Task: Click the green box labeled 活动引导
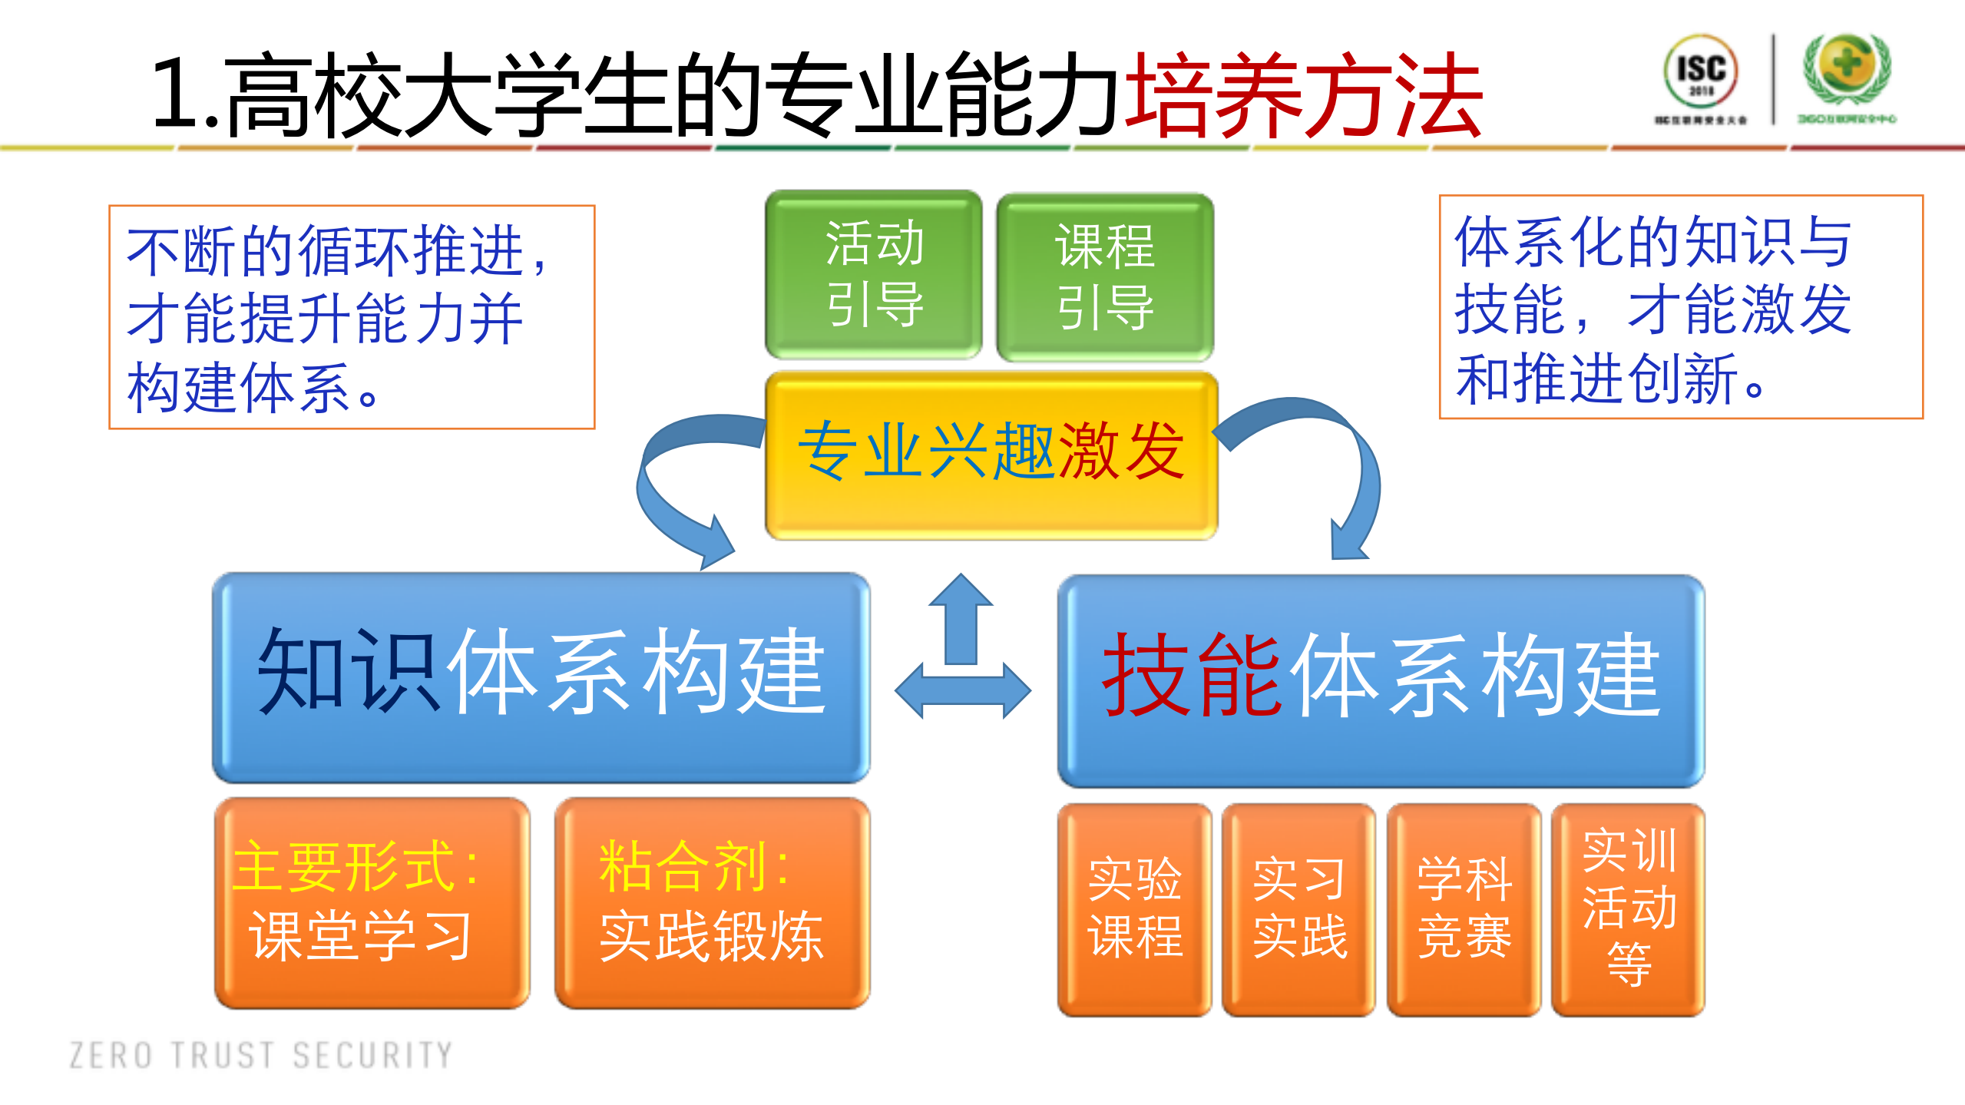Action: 873,274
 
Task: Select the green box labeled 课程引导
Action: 1105,276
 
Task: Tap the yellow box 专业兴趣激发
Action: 991,455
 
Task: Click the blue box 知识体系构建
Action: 541,677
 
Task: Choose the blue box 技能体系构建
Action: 1380,680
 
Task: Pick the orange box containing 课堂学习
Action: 372,903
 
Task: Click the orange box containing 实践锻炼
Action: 712,903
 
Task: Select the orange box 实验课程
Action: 1134,909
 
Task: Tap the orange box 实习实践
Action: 1298,909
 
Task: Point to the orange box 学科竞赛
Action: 1464,909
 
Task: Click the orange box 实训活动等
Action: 1628,909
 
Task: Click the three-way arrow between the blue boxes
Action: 962,660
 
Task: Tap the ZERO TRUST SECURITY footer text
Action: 261,1055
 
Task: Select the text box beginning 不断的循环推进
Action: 352,317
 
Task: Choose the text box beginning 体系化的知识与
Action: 1680,307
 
